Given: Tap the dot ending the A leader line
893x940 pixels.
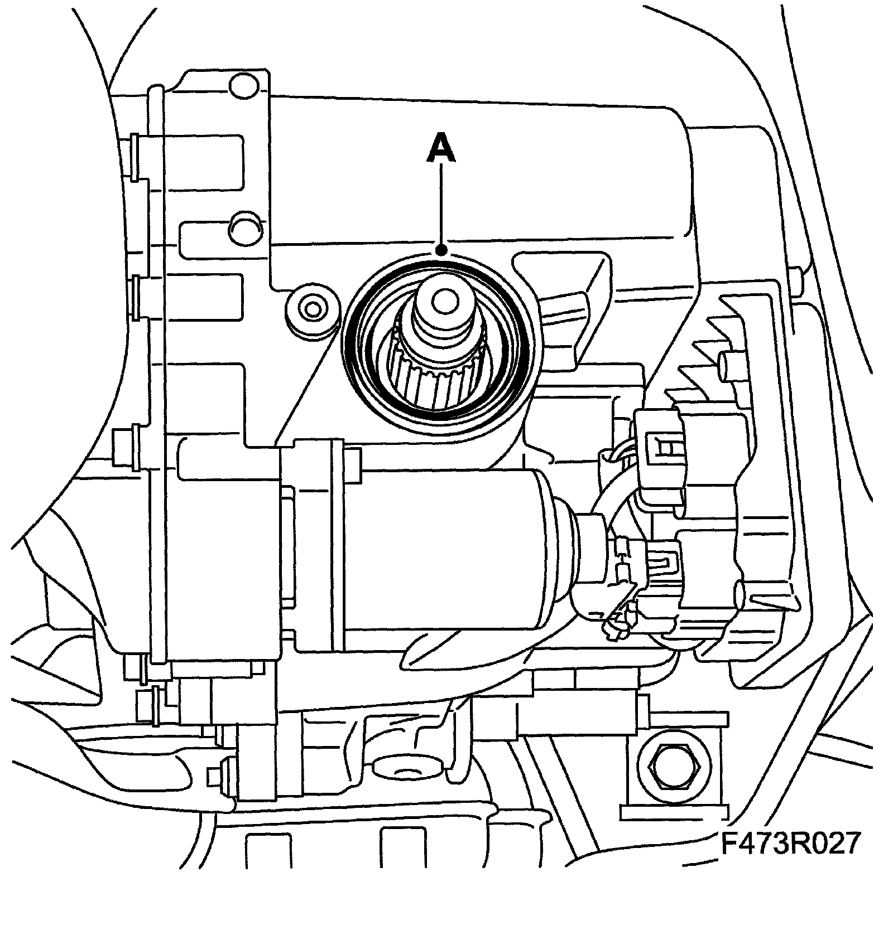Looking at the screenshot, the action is (441, 249).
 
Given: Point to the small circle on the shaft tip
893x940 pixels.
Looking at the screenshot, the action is (444, 301).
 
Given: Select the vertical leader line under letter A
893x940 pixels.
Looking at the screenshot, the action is (441, 206).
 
